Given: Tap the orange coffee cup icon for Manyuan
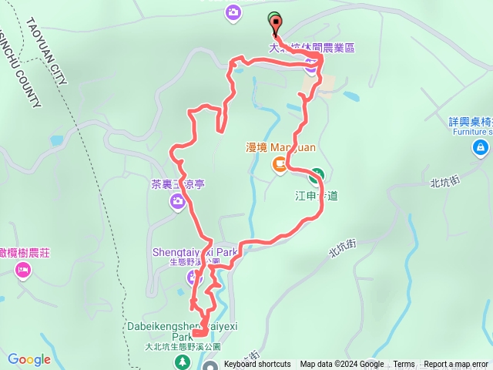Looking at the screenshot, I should tap(278, 163).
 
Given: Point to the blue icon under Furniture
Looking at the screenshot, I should tap(481, 146).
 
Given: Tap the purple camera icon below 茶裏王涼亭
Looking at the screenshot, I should tap(179, 200).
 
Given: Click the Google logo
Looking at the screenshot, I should tap(29, 360).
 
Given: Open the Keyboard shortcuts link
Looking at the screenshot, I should tap(257, 365).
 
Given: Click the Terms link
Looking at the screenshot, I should tap(404, 365).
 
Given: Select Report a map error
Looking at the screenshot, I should tap(456, 365).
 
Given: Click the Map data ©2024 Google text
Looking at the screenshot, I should tap(341, 365).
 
